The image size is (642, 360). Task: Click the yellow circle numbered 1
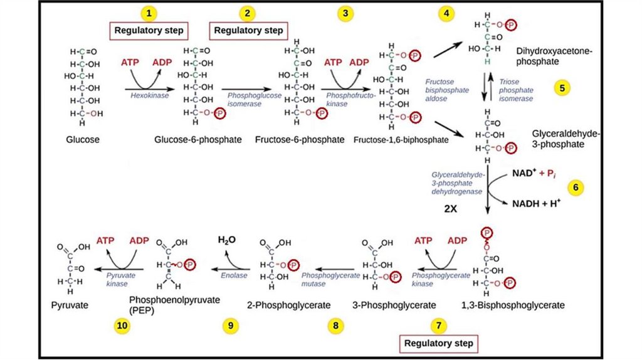pos(149,13)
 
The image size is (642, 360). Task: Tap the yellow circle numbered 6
pos(576,188)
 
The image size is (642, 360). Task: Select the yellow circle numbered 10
pos(122,326)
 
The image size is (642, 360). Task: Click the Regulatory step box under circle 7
pos(438,343)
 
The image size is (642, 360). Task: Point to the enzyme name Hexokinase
pos(149,95)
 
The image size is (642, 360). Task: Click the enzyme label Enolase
pos(234,275)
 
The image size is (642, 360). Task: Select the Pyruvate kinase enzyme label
pos(120,279)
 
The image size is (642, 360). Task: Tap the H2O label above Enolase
pos(227,240)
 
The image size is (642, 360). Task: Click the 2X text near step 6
pos(450,209)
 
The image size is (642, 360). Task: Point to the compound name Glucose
pos(83,140)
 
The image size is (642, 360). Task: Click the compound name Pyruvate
pos(70,305)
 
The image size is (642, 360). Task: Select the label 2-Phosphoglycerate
pos(288,305)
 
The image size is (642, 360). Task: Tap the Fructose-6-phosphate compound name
pos(300,140)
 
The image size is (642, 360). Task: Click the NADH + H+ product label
pos(537,203)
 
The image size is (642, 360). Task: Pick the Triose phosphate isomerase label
pos(516,90)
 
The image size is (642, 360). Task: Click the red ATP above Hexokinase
pos(130,63)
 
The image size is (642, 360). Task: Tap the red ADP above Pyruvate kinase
pos(139,240)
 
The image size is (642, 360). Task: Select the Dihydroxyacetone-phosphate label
pos(554,56)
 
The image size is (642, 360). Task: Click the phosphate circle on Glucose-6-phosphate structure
pos(219,113)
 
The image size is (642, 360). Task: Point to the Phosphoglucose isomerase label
pos(255,100)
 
